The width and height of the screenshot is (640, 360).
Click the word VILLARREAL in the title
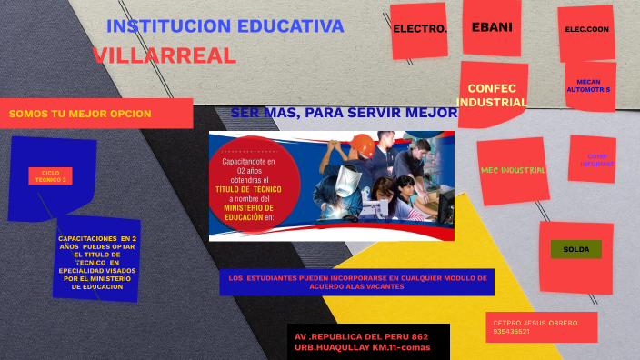(x=165, y=55)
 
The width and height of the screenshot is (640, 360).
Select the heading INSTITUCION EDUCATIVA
(x=225, y=26)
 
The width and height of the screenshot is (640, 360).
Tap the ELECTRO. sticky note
(x=420, y=29)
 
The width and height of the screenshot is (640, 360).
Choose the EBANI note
(x=492, y=26)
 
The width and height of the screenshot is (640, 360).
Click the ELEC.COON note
(x=586, y=29)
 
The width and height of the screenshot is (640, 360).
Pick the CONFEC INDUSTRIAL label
(x=492, y=95)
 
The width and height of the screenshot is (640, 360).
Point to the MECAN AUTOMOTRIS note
(x=588, y=86)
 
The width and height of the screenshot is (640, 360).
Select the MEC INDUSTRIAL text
(x=513, y=170)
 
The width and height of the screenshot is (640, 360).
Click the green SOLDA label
(x=575, y=249)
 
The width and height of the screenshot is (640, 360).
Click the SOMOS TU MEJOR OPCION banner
(x=80, y=114)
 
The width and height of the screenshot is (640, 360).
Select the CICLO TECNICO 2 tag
(x=50, y=176)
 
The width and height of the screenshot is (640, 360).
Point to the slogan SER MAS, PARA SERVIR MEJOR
(x=344, y=113)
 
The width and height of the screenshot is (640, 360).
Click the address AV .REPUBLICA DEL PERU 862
(x=361, y=335)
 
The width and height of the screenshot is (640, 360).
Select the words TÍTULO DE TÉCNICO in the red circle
(x=248, y=189)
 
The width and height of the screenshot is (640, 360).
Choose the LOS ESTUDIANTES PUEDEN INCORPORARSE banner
(x=357, y=282)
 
